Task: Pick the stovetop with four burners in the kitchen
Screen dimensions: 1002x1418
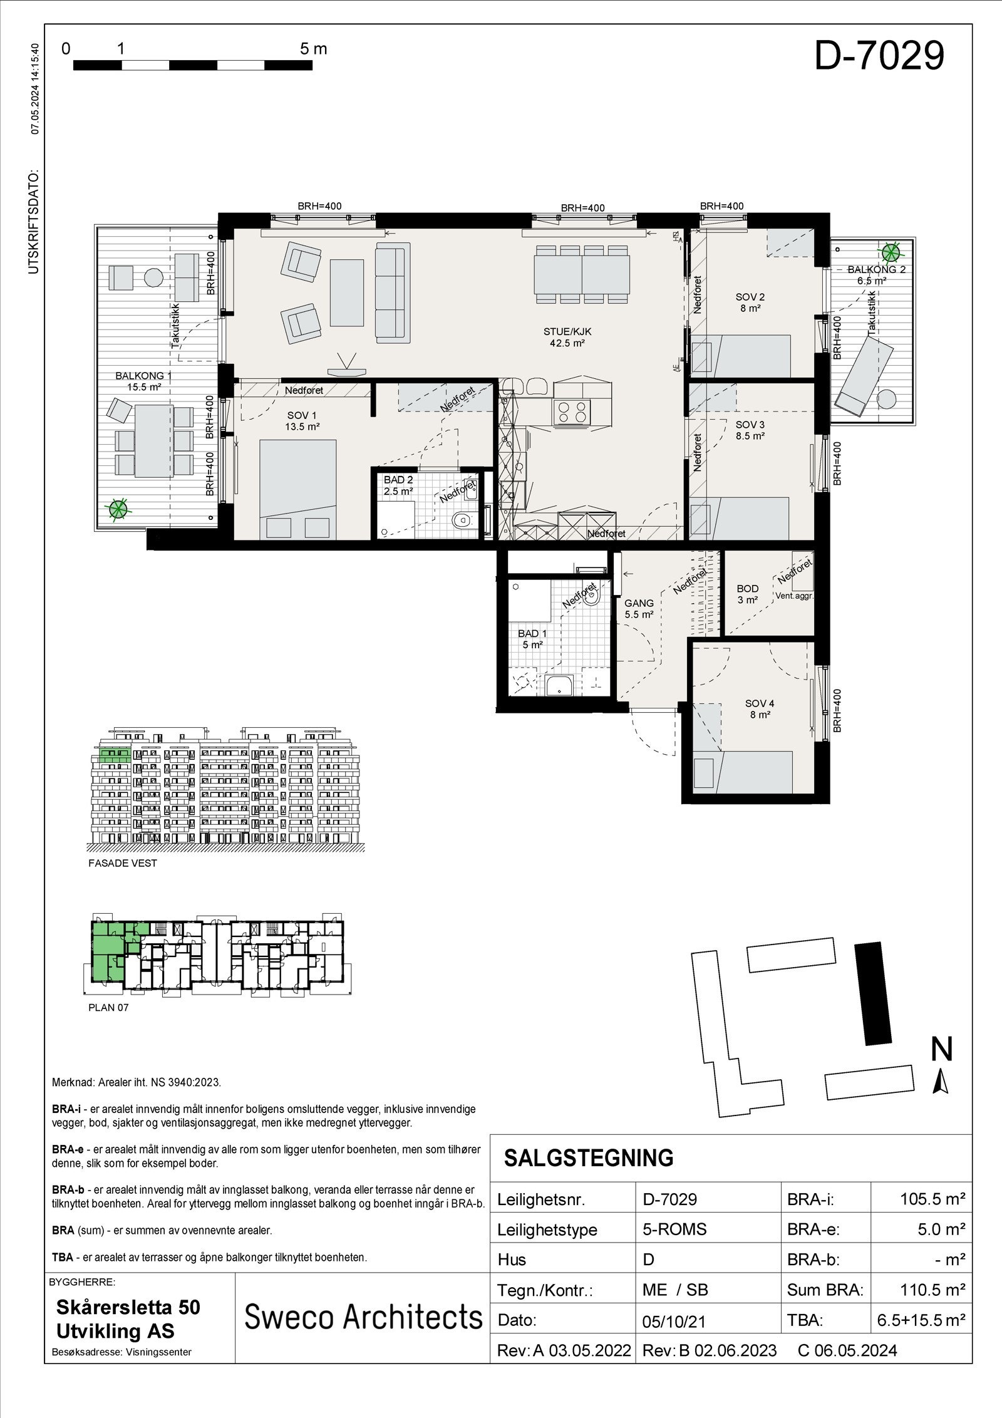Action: point(571,410)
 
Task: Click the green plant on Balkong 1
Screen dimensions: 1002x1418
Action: point(116,509)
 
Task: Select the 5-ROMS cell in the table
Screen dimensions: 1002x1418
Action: point(674,1229)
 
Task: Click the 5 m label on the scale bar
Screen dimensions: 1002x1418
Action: point(313,49)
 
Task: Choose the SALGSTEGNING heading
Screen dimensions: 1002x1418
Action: point(589,1158)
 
